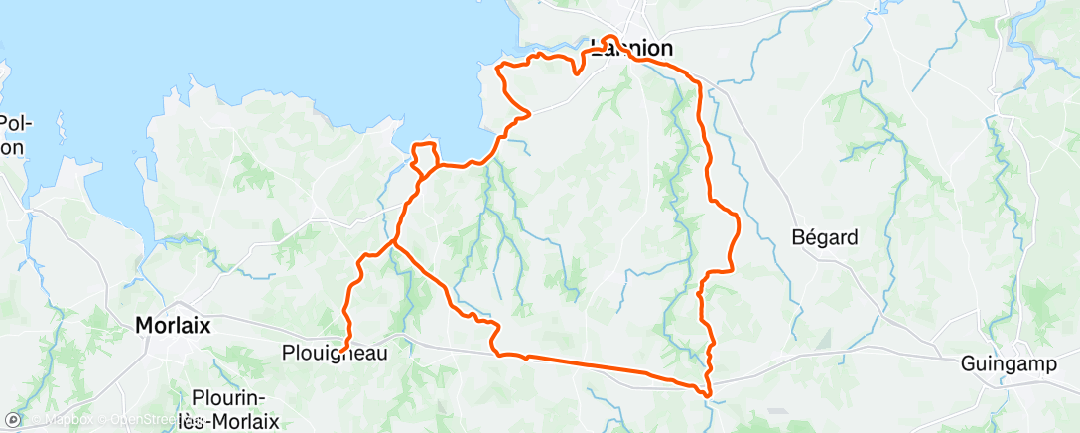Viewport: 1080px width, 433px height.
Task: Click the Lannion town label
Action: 631,48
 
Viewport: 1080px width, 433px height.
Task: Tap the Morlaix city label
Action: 172,324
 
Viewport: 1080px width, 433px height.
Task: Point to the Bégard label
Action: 825,238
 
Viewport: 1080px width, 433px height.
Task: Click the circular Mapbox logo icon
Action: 13,420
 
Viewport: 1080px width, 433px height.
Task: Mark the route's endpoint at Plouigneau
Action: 342,350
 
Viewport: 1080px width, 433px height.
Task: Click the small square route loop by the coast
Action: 425,157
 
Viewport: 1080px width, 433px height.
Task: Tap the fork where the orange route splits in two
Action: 394,240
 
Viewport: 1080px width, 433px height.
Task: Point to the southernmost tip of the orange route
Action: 708,395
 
